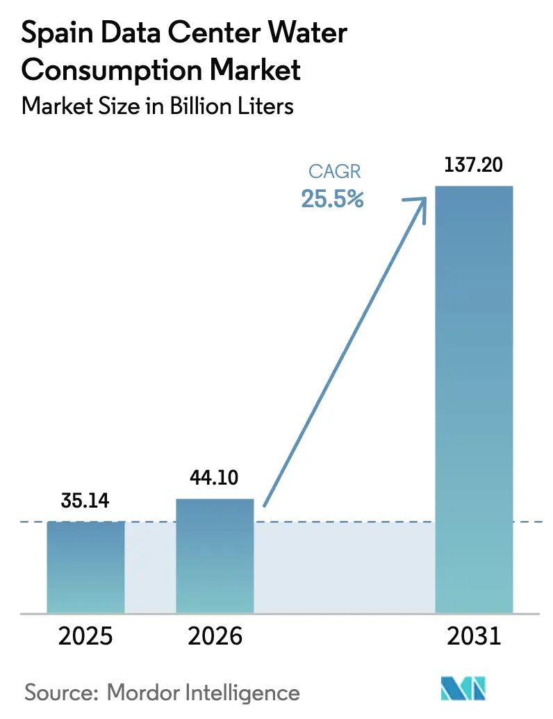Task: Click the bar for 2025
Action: pos(85,567)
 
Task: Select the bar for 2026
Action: pos(215,556)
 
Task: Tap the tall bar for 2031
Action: pos(473,399)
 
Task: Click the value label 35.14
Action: pos(85,501)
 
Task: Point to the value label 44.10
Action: pos(215,478)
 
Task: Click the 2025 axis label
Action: pos(85,636)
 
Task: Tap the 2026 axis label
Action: pos(215,636)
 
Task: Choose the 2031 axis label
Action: pos(473,636)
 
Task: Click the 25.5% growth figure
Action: pos(332,199)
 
